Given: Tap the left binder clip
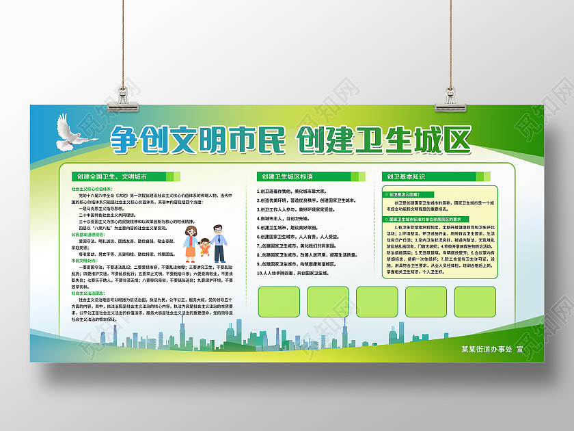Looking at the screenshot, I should [128, 101].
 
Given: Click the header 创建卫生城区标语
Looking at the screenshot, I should [286, 177].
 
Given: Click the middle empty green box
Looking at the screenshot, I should [377, 302].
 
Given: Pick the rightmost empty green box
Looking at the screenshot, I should [475, 302].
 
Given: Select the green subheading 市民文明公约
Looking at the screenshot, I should [85, 261].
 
